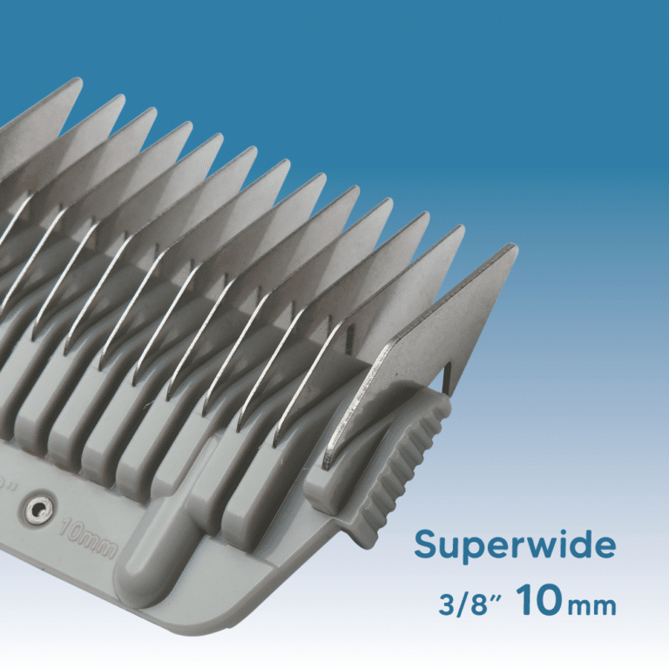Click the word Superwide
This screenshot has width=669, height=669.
click(x=515, y=546)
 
